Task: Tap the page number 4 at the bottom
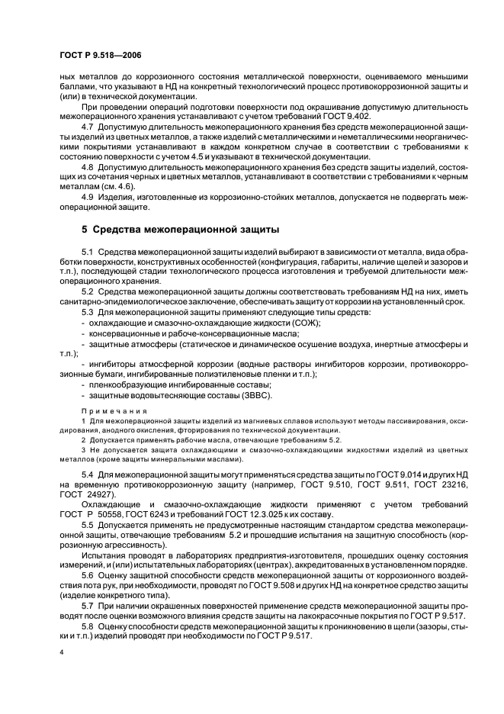(x=61, y=652)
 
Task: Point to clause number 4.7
(x=87, y=126)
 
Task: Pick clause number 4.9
(x=87, y=196)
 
